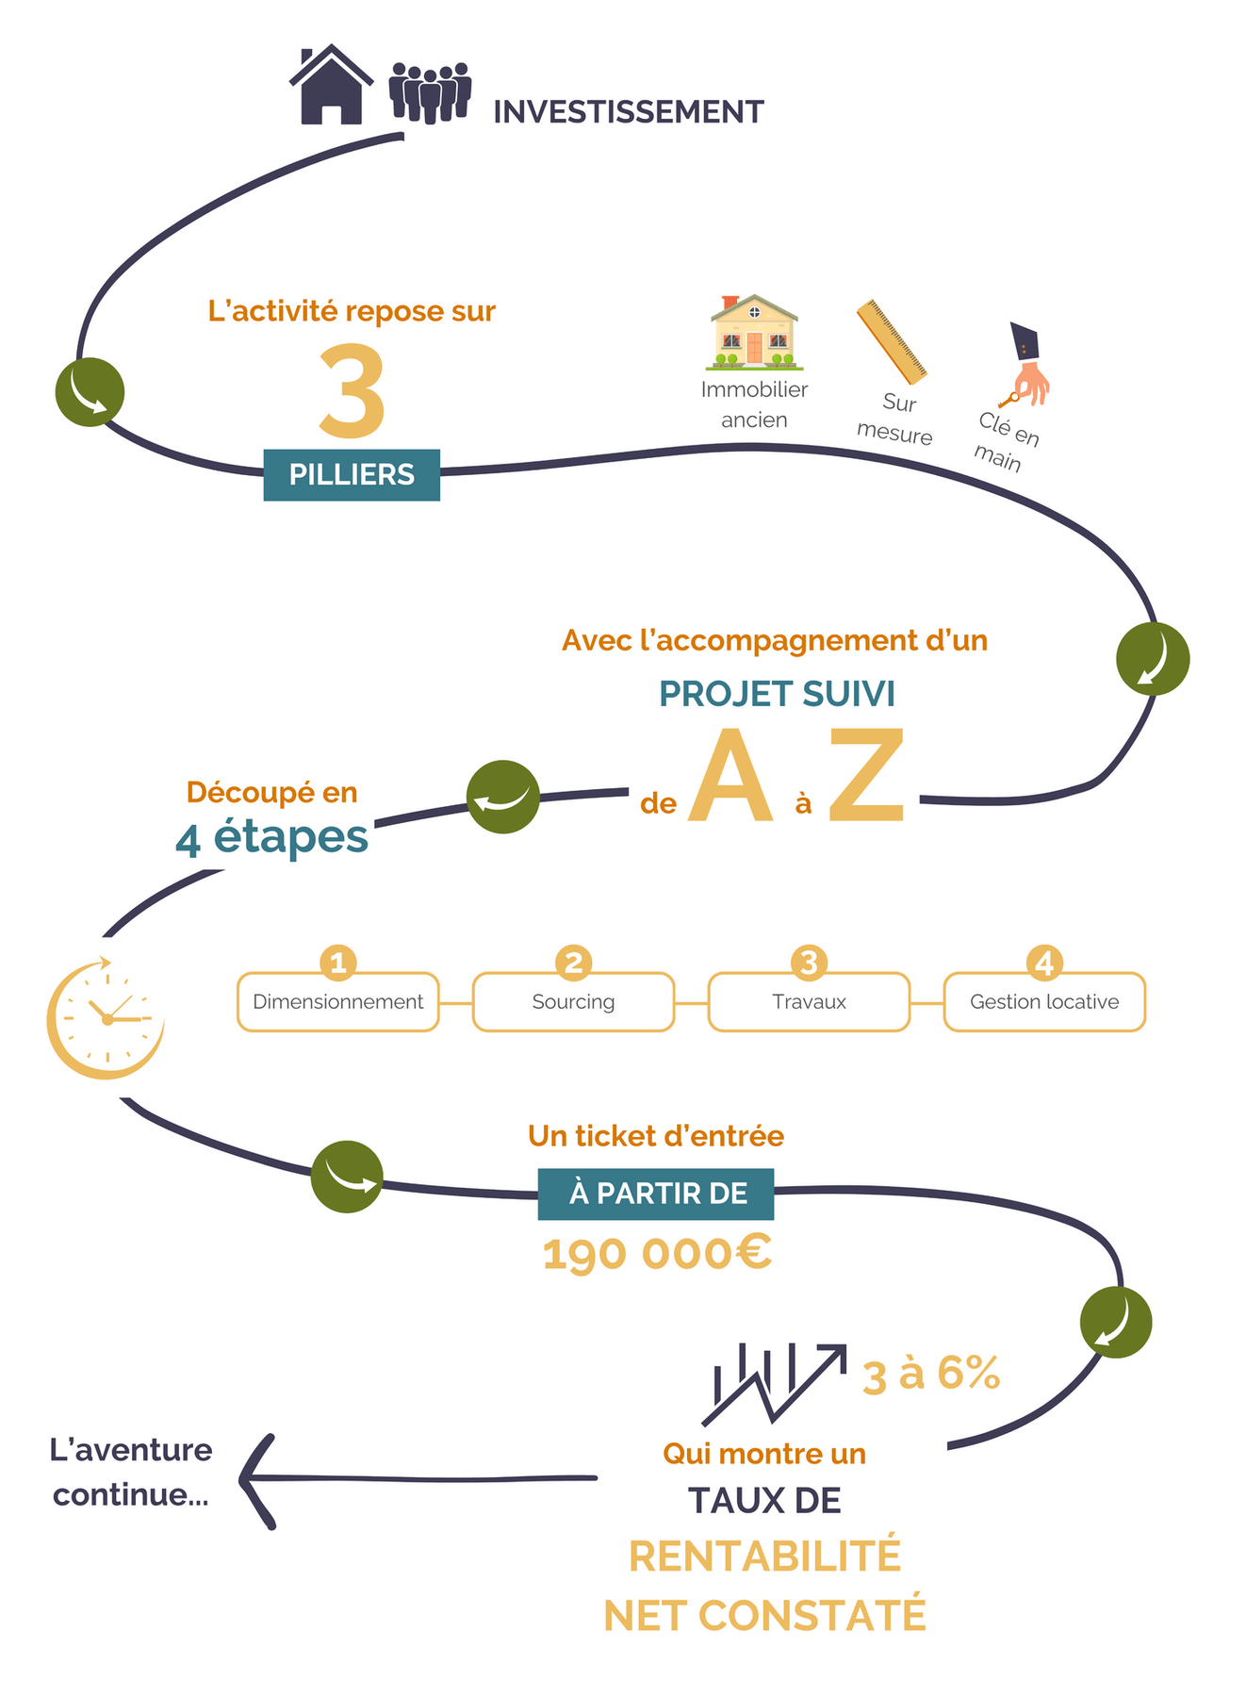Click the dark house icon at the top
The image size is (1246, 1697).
330,87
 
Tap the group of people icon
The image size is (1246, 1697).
430,92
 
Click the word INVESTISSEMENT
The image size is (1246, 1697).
628,112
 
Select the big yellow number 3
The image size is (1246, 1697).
352,390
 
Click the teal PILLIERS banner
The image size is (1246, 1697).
352,474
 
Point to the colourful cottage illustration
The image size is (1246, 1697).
753,333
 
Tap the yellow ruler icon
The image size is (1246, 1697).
891,341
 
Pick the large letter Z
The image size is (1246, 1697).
866,775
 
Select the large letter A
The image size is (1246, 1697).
730,777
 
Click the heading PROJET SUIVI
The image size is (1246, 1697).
777,694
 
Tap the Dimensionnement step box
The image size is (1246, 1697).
337,1002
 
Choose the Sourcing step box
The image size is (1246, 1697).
573,1002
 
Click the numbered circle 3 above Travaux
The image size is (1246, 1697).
809,963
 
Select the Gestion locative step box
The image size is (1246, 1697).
1044,1002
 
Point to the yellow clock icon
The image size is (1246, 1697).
106,1018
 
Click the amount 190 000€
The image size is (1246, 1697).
657,1254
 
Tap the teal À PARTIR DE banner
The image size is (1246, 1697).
657,1194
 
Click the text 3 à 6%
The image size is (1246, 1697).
930,1374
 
